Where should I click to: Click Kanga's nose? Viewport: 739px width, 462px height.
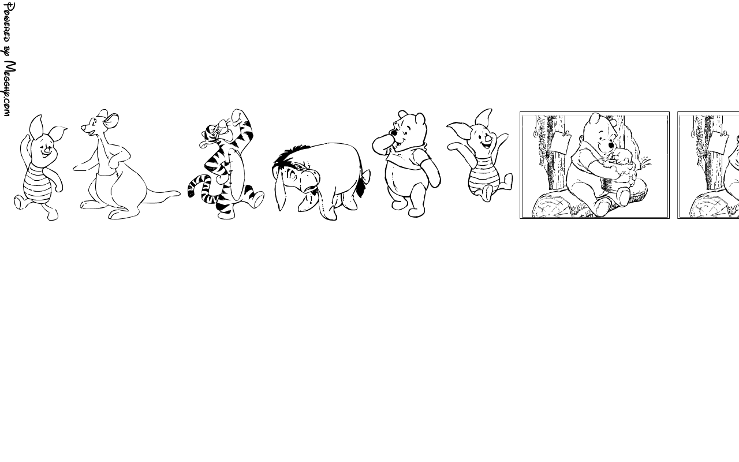pyautogui.click(x=83, y=128)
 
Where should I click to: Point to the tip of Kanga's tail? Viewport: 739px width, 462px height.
pyautogui.click(x=179, y=193)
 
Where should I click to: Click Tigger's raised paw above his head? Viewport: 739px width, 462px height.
pyautogui.click(x=237, y=115)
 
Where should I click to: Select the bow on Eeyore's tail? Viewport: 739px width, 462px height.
pyautogui.click(x=365, y=176)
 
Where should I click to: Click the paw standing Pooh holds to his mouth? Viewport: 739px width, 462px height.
pyautogui.click(x=382, y=142)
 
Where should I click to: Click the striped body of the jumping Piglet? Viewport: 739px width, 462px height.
pyautogui.click(x=482, y=179)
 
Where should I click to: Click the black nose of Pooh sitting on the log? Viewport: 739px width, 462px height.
pyautogui.click(x=611, y=145)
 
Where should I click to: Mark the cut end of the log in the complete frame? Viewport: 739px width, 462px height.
pyautogui.click(x=551, y=206)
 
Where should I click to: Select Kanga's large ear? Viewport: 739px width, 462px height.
pyautogui.click(x=111, y=121)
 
